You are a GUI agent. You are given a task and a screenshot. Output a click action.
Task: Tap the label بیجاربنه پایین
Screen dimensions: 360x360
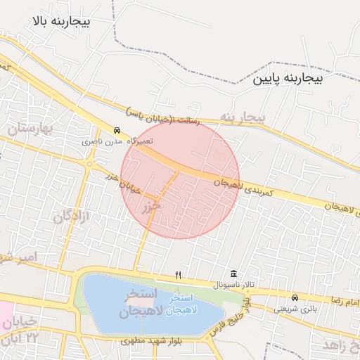point(288,79)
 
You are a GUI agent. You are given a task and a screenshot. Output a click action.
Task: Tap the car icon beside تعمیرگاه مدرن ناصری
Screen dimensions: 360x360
point(117,130)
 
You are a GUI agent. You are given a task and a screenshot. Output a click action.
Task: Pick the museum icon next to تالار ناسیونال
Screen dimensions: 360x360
point(233,274)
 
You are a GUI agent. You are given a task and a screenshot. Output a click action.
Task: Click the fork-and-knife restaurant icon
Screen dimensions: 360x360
point(179,275)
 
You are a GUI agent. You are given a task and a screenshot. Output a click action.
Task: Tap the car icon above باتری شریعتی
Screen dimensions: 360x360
point(295,297)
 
